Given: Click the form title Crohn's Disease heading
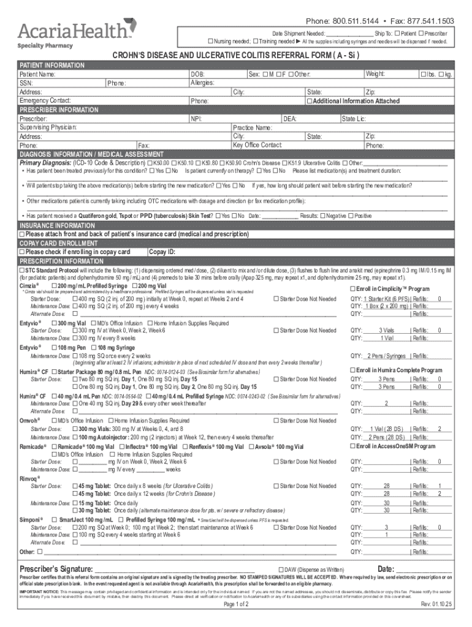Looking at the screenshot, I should [x=235, y=56].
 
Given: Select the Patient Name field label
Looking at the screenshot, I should [x=38, y=74].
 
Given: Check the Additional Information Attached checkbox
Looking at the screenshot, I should [x=310, y=101].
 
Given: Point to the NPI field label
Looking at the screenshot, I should [x=196, y=119].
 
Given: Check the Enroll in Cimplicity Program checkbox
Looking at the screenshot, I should [x=352, y=288].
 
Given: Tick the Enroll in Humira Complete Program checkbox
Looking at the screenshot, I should [x=352, y=370].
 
